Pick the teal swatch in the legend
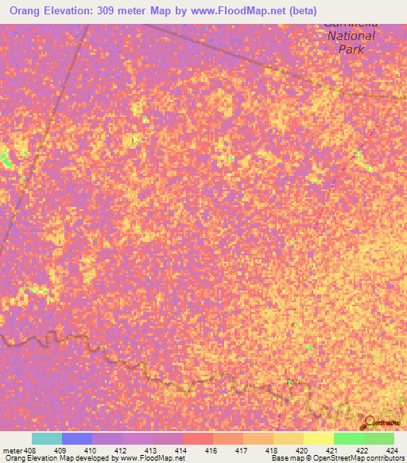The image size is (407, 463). [x=46, y=438]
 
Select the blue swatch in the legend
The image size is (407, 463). [x=76, y=438]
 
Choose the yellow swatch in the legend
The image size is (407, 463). [x=318, y=438]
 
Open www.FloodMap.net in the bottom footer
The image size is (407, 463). [x=154, y=458]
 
